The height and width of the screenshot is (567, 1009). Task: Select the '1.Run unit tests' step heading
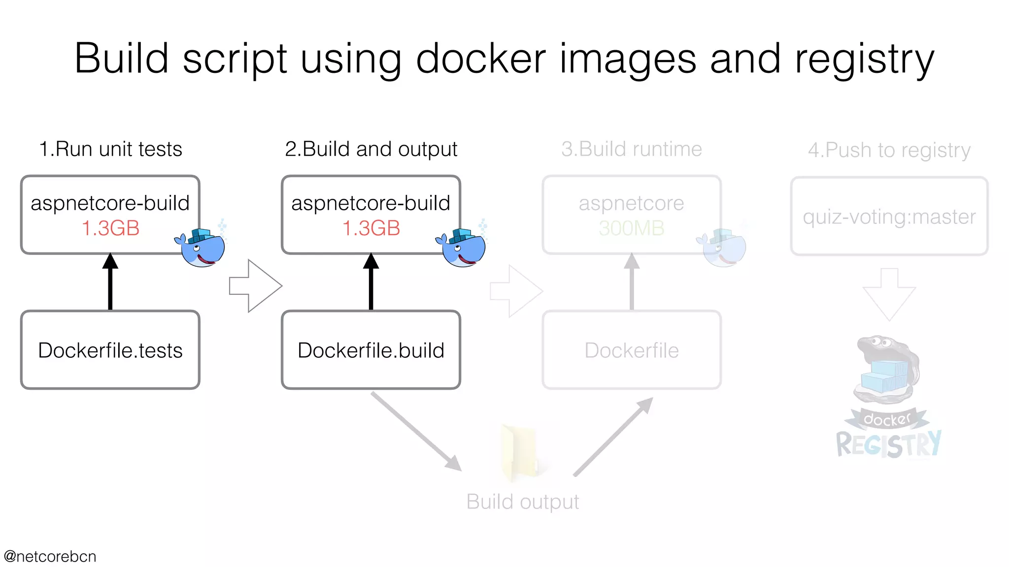[110, 149]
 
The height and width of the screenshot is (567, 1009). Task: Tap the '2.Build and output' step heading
[371, 149]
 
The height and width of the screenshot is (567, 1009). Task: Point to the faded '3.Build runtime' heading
[632, 149]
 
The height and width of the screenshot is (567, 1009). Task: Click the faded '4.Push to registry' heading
[889, 150]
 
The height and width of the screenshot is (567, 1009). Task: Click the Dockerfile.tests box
[110, 350]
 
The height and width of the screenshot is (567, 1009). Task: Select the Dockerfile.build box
[371, 350]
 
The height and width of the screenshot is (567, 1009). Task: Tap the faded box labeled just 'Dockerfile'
[632, 350]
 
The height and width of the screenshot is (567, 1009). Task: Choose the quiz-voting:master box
[889, 217]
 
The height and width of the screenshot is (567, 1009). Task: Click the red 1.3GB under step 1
[110, 228]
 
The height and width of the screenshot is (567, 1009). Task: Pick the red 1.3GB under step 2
[371, 228]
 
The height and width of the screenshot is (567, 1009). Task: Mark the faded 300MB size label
[632, 228]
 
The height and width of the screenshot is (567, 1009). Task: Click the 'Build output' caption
[523, 502]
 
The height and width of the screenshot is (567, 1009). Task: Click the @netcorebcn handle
[50, 557]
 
